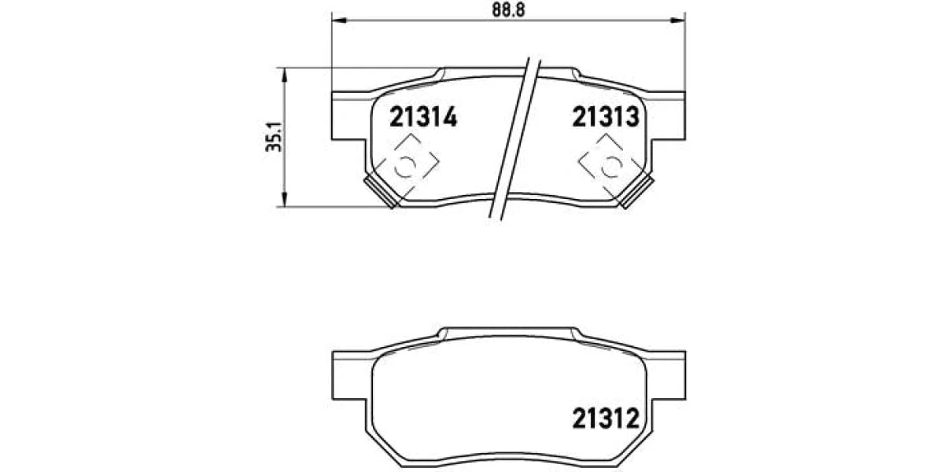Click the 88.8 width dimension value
pos(508,9)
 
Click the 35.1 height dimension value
pos(275,137)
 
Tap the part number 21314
pos(423,116)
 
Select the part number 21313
pos(606,116)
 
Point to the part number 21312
pos(606,418)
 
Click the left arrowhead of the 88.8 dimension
pos(339,20)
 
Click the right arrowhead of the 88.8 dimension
pos(678,20)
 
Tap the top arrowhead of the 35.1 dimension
pos(284,75)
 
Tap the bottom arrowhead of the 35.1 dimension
pos(284,199)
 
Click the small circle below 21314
pos(405,167)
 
